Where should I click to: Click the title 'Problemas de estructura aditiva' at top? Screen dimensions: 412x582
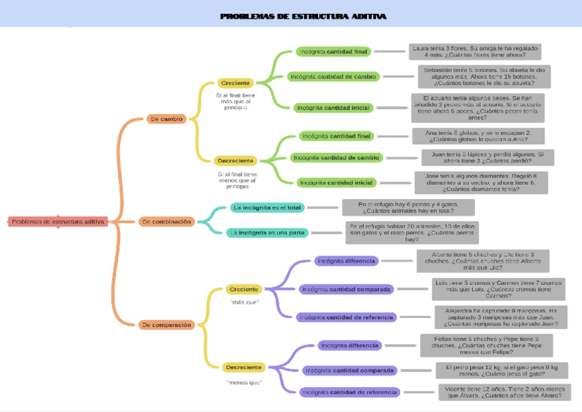tap(303, 16)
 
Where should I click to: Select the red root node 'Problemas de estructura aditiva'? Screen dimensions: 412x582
tap(58, 222)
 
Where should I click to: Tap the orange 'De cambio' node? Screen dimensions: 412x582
tap(166, 119)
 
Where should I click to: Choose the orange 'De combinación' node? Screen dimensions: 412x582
tap(166, 222)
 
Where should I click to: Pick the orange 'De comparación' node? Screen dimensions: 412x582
tap(166, 324)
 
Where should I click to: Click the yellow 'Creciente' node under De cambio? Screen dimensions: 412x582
tap(235, 83)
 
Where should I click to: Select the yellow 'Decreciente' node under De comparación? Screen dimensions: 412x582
tap(244, 367)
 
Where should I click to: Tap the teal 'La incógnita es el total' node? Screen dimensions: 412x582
tap(267, 207)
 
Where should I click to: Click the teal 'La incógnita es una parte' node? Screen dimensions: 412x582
tap(268, 233)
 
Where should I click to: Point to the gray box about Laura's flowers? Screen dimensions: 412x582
tap(475, 51)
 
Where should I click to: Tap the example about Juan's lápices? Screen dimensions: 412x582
tap(487, 157)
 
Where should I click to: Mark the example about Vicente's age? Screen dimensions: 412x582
tap(504, 392)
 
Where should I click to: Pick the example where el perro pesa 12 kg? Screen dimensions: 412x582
tap(502, 371)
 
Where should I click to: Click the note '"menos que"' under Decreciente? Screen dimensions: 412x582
tap(244, 382)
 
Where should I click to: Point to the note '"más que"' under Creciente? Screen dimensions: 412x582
tap(244, 302)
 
